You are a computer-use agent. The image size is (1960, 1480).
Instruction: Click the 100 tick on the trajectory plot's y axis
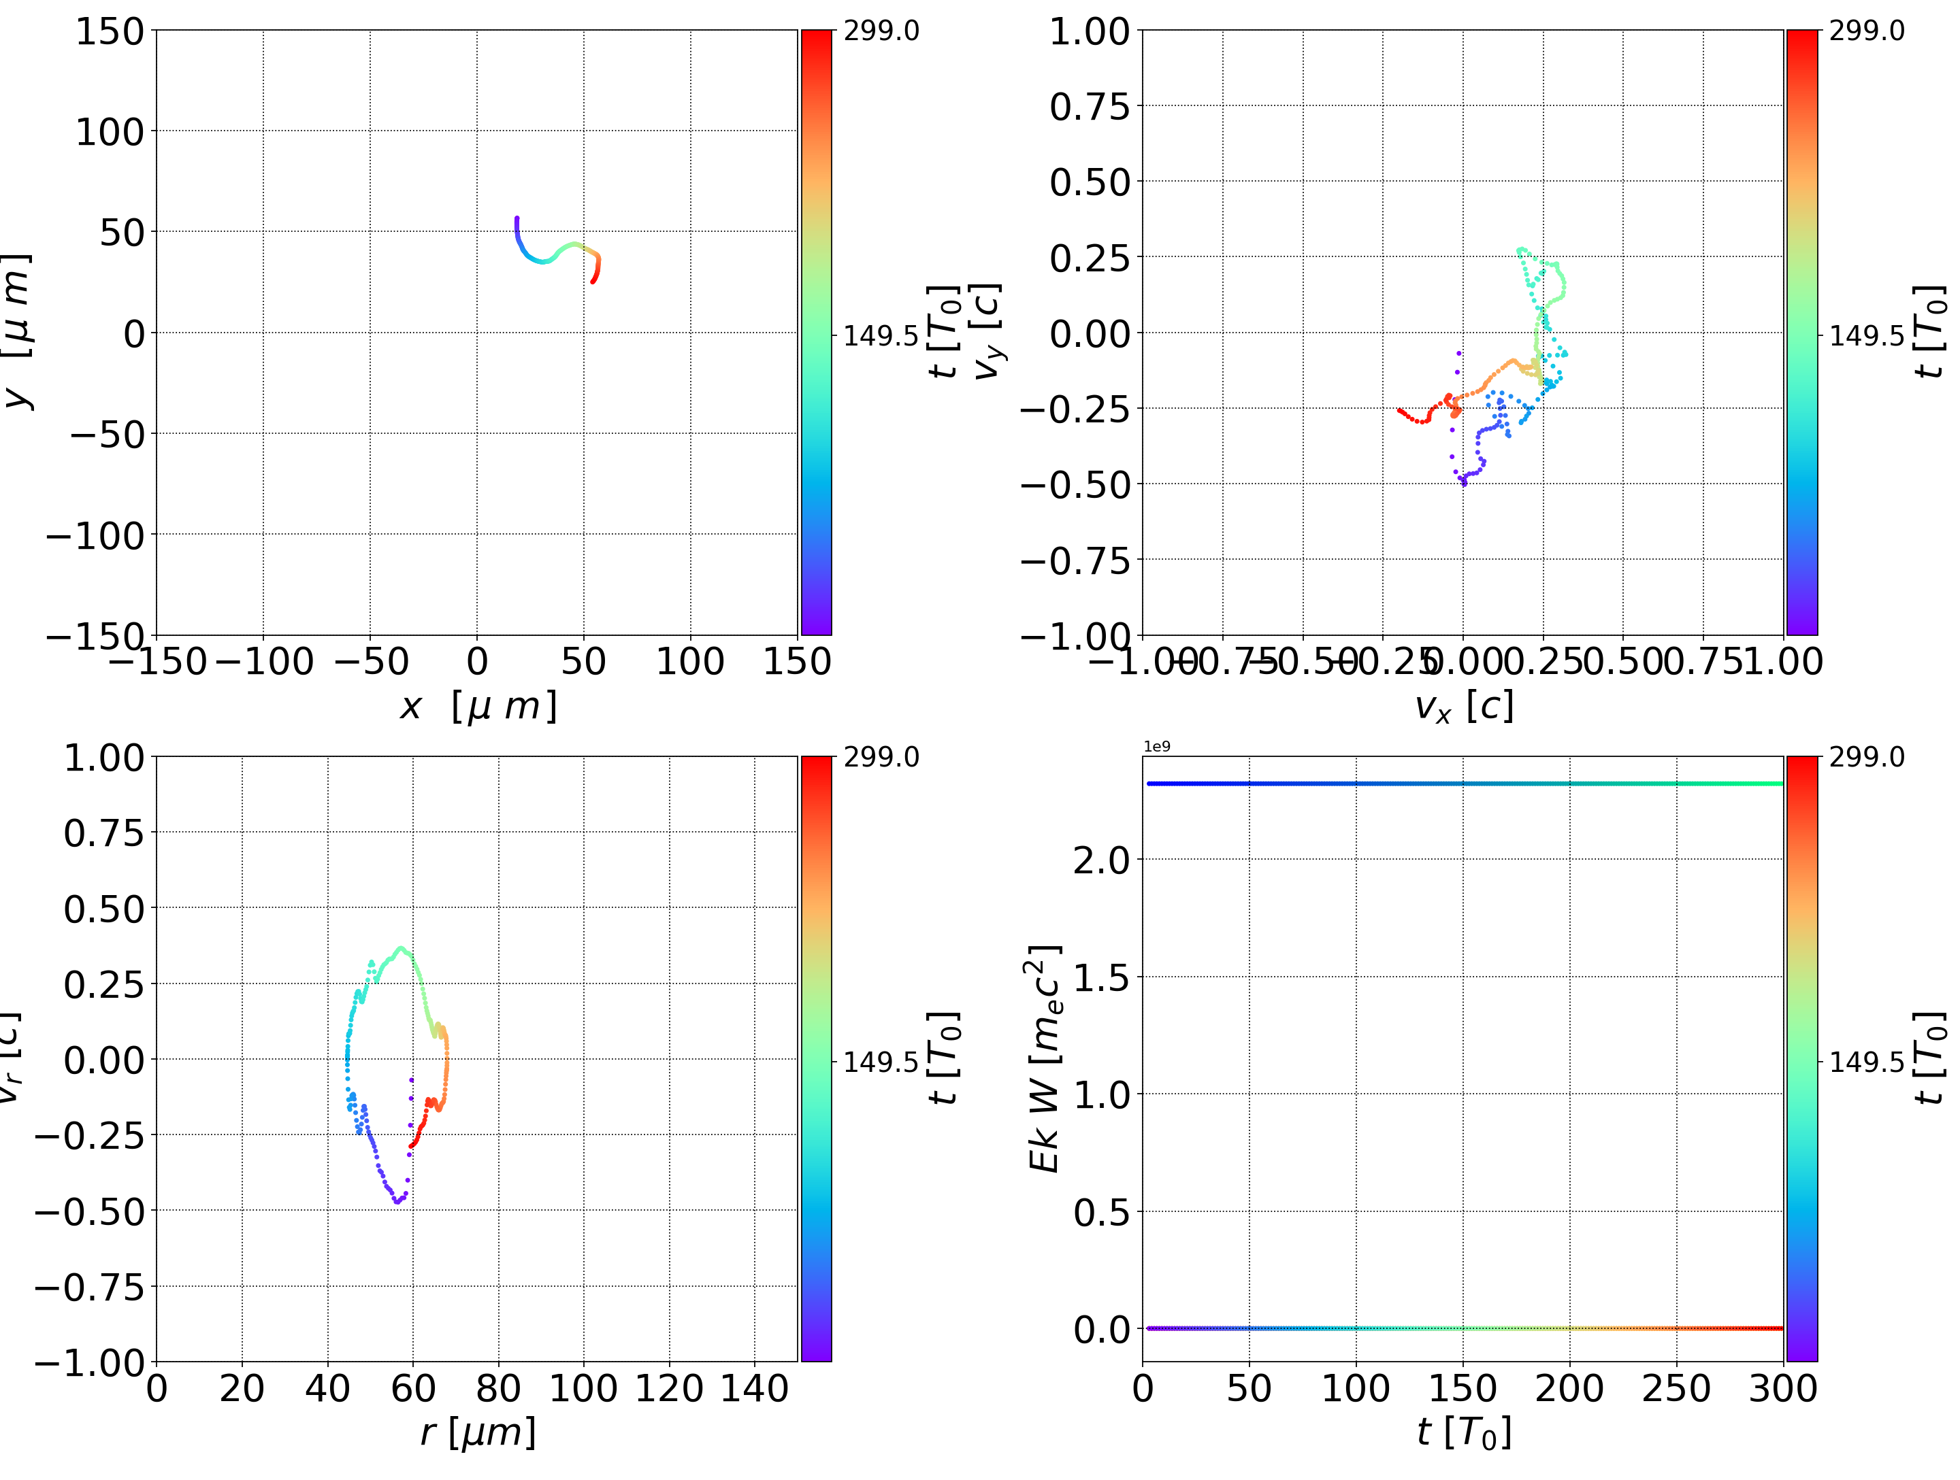(x=108, y=132)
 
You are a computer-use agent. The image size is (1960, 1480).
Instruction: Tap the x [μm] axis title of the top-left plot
(x=478, y=706)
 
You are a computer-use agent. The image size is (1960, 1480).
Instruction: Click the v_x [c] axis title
(x=1463, y=706)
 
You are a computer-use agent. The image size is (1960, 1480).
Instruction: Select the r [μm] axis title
(x=478, y=1432)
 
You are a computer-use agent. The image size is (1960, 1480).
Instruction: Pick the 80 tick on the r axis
(x=498, y=1389)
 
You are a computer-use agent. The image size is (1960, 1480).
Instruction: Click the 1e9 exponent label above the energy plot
(x=1156, y=747)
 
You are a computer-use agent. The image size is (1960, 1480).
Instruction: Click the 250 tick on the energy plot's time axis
(x=1676, y=1389)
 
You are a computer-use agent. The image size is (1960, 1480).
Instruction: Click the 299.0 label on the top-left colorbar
(x=881, y=31)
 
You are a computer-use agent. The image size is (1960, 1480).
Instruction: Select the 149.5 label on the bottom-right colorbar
(x=1866, y=1061)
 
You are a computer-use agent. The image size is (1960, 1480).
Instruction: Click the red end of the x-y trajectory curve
(x=593, y=281)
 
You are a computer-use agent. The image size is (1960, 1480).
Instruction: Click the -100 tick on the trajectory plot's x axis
(x=263, y=662)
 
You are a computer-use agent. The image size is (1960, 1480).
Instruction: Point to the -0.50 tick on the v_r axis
(x=88, y=1211)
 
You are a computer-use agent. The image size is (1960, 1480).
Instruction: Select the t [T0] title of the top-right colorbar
(x=1929, y=332)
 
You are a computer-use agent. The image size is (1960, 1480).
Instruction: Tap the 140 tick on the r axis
(x=754, y=1389)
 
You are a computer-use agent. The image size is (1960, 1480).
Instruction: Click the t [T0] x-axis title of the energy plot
(x=1463, y=1432)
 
